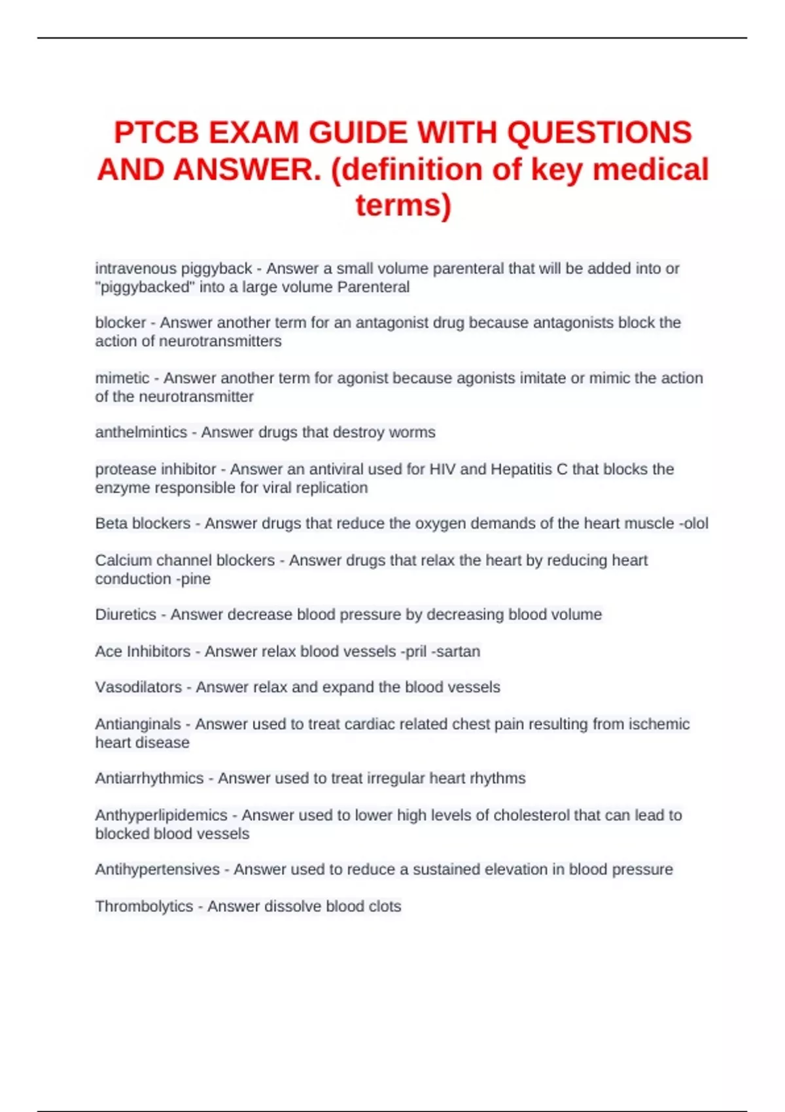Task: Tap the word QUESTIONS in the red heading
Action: point(599,133)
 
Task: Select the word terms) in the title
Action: point(403,205)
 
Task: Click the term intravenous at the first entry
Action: point(136,268)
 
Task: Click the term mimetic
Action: point(122,378)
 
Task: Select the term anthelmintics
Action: point(141,432)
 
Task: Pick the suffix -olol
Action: point(693,523)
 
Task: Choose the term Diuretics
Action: point(126,615)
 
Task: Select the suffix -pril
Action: point(413,652)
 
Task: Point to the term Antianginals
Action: point(138,724)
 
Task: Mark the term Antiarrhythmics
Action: point(149,778)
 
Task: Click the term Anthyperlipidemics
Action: point(161,815)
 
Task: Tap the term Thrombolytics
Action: point(144,907)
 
